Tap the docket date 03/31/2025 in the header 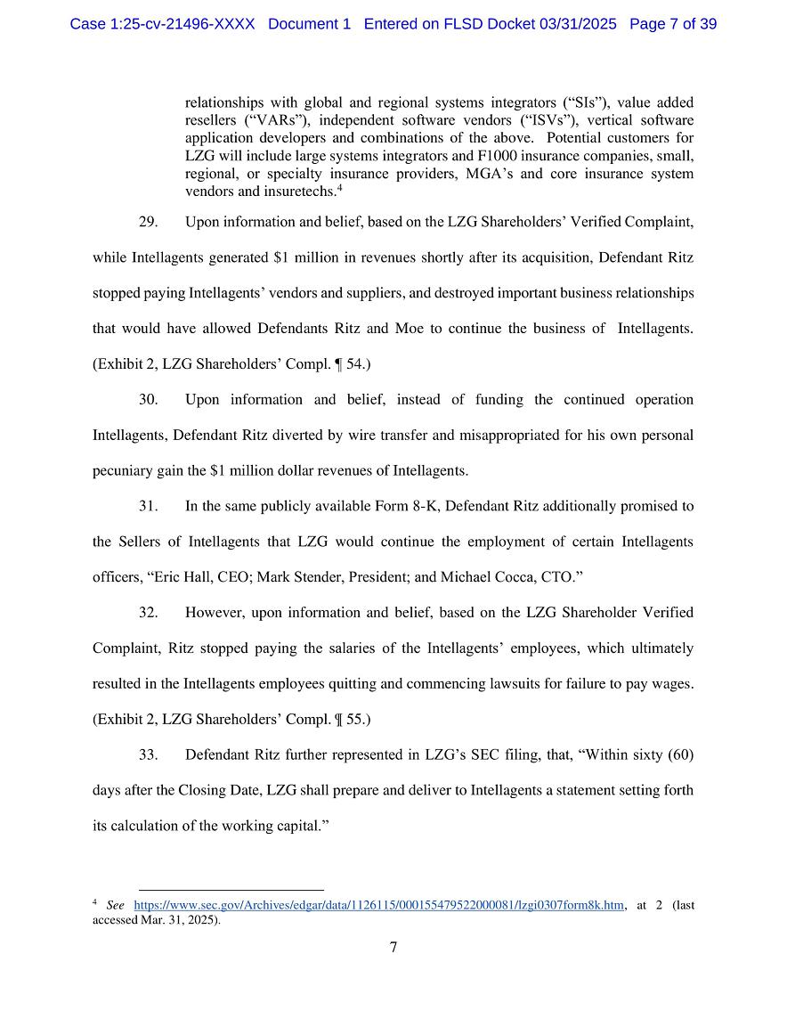578,24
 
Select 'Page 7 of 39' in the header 673,24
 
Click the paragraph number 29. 149,222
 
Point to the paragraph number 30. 149,400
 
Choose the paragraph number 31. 149,507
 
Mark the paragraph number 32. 149,613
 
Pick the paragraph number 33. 149,755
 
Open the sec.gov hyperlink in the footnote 378,906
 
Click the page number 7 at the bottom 393,948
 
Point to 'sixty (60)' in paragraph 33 661,755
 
